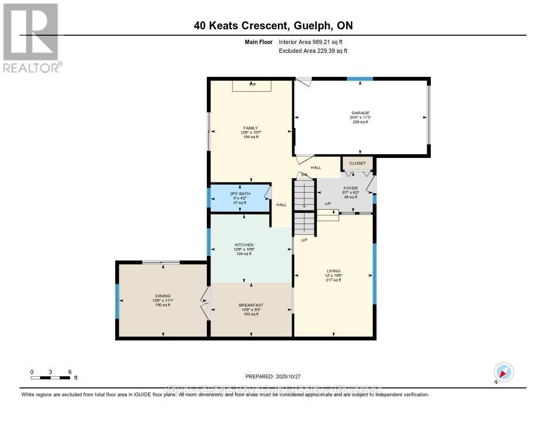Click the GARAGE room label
(360, 113)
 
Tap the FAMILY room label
(251, 128)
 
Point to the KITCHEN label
(244, 245)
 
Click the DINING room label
(163, 296)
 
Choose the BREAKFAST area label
(251, 305)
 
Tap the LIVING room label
(333, 271)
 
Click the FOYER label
(350, 188)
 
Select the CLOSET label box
(358, 163)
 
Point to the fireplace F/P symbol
(252, 85)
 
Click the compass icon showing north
(503, 372)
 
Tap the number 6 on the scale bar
(69, 372)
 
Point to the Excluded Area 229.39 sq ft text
(314, 51)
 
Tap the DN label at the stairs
(304, 174)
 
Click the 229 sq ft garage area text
(360, 122)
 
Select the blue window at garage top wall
(360, 79)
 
